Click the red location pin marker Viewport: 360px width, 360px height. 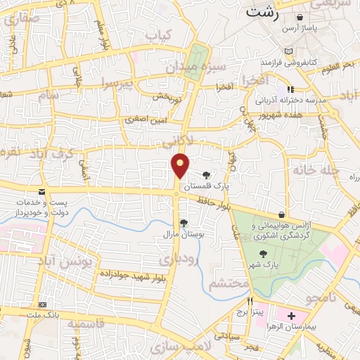181,165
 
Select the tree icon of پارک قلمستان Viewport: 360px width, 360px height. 205,176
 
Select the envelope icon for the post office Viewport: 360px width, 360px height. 42,192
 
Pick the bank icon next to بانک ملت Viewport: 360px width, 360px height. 44,304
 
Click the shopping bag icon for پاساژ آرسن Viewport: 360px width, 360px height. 300,17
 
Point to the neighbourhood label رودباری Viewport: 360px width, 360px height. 179,260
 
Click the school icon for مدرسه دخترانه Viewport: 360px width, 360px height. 289,89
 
